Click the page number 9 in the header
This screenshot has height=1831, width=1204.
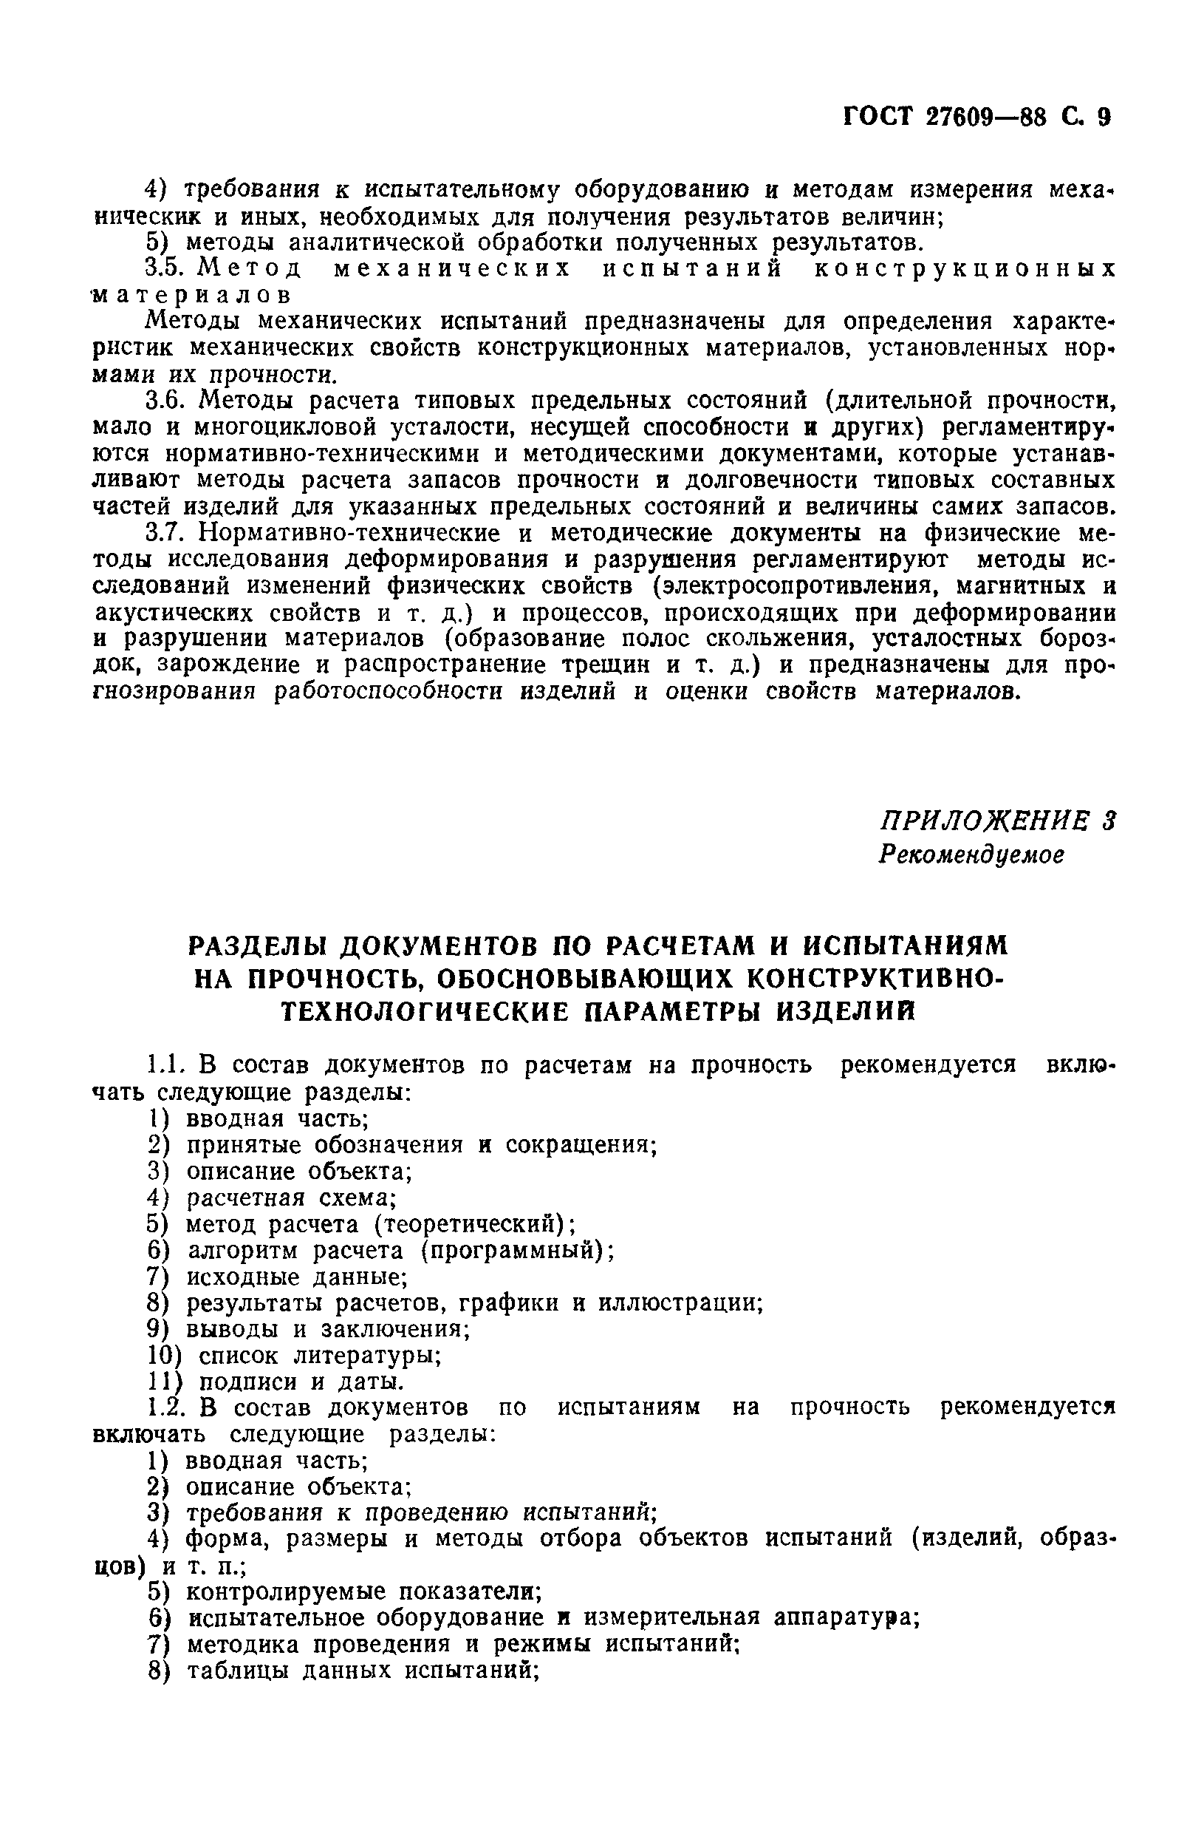coord(1104,117)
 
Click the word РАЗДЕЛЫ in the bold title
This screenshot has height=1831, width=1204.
coord(259,945)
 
